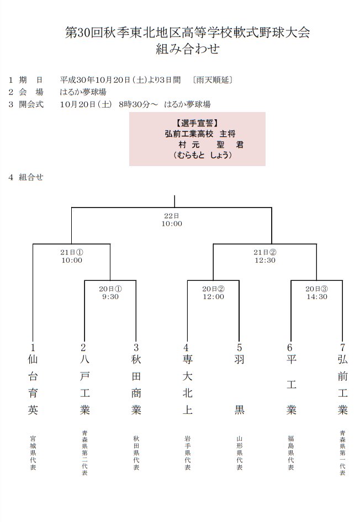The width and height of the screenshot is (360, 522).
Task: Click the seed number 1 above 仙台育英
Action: coord(33,347)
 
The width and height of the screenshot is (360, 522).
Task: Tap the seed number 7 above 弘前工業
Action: coord(342,347)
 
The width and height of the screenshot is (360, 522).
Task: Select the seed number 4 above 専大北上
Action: coord(187,347)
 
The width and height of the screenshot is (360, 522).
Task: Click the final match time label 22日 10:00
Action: coord(172,220)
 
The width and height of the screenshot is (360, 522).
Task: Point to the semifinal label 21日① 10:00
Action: coord(72,256)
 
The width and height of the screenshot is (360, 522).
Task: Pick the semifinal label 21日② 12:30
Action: coord(265,256)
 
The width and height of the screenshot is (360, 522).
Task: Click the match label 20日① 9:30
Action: coord(110,292)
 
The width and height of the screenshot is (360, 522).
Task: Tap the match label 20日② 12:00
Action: coord(213,292)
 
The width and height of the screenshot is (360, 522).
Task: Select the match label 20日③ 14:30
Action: coord(317,292)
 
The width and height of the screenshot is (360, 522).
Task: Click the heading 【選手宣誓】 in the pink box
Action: coord(197,123)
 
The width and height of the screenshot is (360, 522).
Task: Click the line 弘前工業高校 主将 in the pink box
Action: coord(197,134)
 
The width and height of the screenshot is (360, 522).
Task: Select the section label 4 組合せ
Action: coord(26,177)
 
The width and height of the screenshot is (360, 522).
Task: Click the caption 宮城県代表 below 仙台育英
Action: coord(33,452)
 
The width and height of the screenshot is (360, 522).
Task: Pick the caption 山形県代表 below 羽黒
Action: coord(239,452)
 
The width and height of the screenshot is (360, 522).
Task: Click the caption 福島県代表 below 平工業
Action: coord(291,452)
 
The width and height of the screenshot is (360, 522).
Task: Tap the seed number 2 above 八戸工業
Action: coord(84,347)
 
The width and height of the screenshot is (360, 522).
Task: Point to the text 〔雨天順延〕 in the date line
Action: coord(213,79)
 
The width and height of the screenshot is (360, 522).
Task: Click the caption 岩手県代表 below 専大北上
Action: coord(187,452)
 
